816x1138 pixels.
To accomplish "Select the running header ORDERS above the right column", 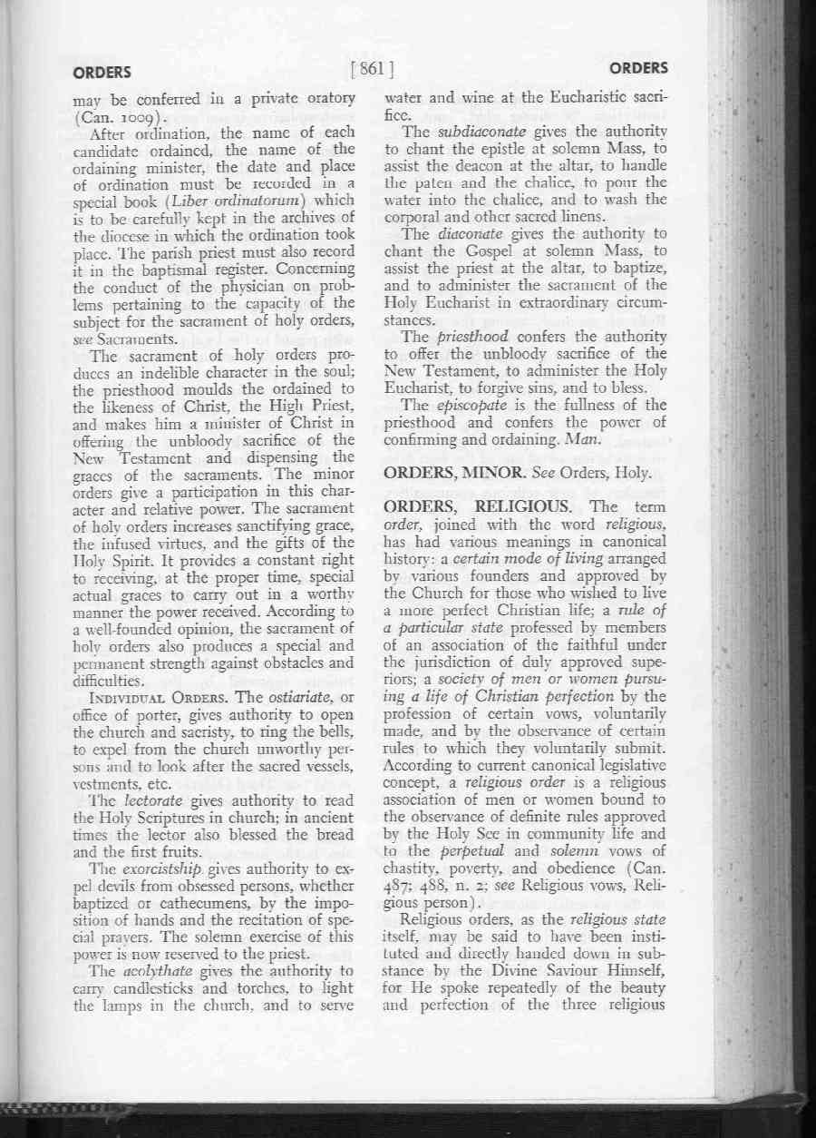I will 638,68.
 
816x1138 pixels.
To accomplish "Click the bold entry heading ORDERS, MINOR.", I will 448,472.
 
